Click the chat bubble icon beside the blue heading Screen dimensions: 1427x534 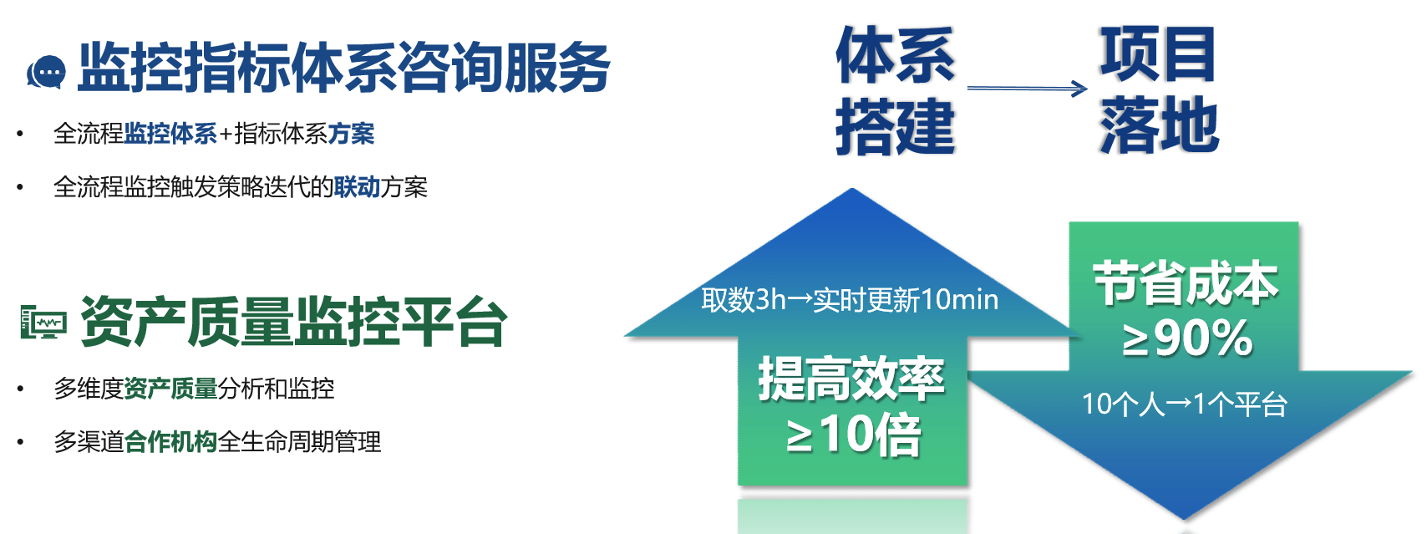click(x=46, y=72)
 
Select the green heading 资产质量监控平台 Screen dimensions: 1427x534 click(x=294, y=321)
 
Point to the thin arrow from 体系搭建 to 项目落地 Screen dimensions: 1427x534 click(x=1027, y=89)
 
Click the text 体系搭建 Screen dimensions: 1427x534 click(x=895, y=90)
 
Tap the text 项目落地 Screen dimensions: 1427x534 click(x=1159, y=89)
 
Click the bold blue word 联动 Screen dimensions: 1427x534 click(x=357, y=187)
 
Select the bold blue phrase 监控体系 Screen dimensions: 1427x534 click(x=170, y=134)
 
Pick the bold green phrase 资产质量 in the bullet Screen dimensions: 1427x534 click(x=170, y=389)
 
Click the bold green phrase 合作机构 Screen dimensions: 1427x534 click(x=170, y=441)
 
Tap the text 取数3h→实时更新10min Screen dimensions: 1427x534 click(x=850, y=300)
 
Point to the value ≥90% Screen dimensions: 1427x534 click(x=1187, y=338)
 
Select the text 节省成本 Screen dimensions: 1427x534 click(x=1186, y=283)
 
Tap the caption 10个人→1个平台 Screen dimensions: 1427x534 click(x=1184, y=404)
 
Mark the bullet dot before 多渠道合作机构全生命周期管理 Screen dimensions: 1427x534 click(x=20, y=441)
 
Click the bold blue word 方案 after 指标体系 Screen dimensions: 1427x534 click(x=351, y=134)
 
